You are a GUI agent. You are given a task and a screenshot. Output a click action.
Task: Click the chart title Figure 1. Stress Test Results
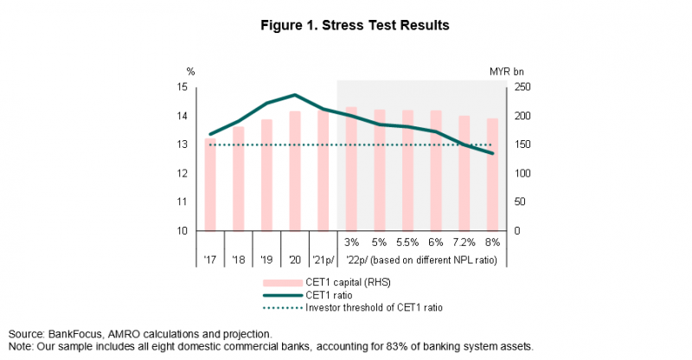346,25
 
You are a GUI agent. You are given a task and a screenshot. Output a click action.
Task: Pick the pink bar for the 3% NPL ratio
351,169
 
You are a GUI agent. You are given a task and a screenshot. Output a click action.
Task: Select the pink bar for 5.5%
407,170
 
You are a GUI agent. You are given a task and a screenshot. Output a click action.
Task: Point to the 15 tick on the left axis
183,87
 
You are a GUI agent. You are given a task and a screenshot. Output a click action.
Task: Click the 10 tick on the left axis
183,231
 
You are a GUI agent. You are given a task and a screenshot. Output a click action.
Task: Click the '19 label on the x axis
266,260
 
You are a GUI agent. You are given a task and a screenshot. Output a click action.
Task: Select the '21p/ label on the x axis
324,260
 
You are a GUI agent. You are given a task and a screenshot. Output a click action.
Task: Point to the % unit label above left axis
189,72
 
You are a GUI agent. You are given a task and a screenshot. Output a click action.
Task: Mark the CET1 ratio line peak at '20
295,95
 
